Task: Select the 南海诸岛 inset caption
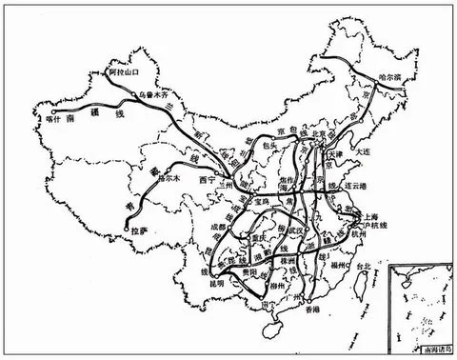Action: (424, 351)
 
